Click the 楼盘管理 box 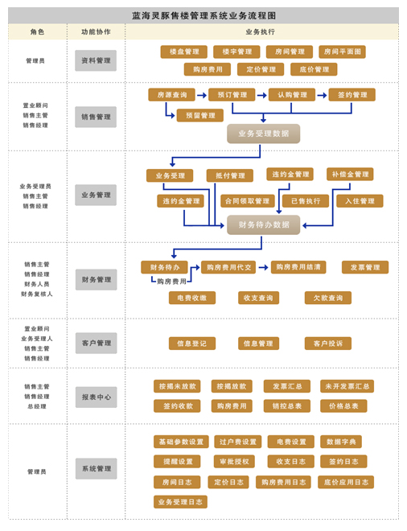[x=184, y=51]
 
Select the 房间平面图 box [x=342, y=51]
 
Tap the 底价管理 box [x=314, y=69]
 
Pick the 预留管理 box [x=200, y=116]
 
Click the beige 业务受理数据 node [x=264, y=134]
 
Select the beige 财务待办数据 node [x=264, y=224]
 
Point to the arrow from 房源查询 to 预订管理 [x=202, y=95]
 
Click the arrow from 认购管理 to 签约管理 [x=322, y=95]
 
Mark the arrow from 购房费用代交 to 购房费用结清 [x=264, y=267]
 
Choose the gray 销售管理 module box [x=96, y=117]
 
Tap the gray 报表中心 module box [x=97, y=397]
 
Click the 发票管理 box [x=365, y=267]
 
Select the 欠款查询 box [x=327, y=298]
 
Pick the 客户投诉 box [x=327, y=344]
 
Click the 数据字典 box [x=341, y=442]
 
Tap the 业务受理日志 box [x=180, y=502]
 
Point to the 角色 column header [x=37, y=32]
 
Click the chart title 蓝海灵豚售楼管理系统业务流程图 [x=203, y=15]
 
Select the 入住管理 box [x=360, y=201]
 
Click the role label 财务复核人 [x=36, y=294]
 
